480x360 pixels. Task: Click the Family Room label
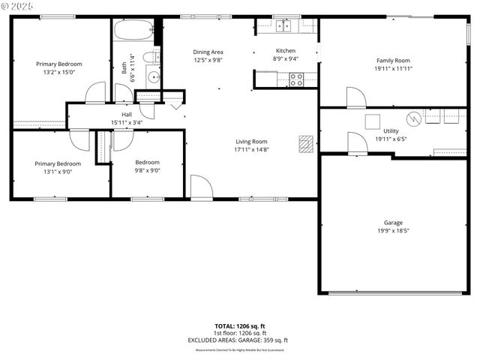[x=392, y=60]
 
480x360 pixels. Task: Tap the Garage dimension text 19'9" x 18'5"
[x=393, y=232]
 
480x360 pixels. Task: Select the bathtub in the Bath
[x=134, y=32]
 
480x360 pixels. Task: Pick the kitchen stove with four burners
[x=296, y=79]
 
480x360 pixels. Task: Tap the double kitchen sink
[x=283, y=26]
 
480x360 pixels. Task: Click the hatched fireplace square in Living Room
[x=305, y=142]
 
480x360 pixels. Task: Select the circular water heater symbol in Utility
[x=414, y=118]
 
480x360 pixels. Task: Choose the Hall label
[x=127, y=114]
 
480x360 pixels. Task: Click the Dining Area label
[x=208, y=51]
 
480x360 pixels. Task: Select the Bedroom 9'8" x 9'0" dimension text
[x=147, y=170]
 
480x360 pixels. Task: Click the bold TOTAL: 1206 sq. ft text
[x=238, y=326]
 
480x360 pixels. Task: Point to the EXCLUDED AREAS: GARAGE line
[x=238, y=340]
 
